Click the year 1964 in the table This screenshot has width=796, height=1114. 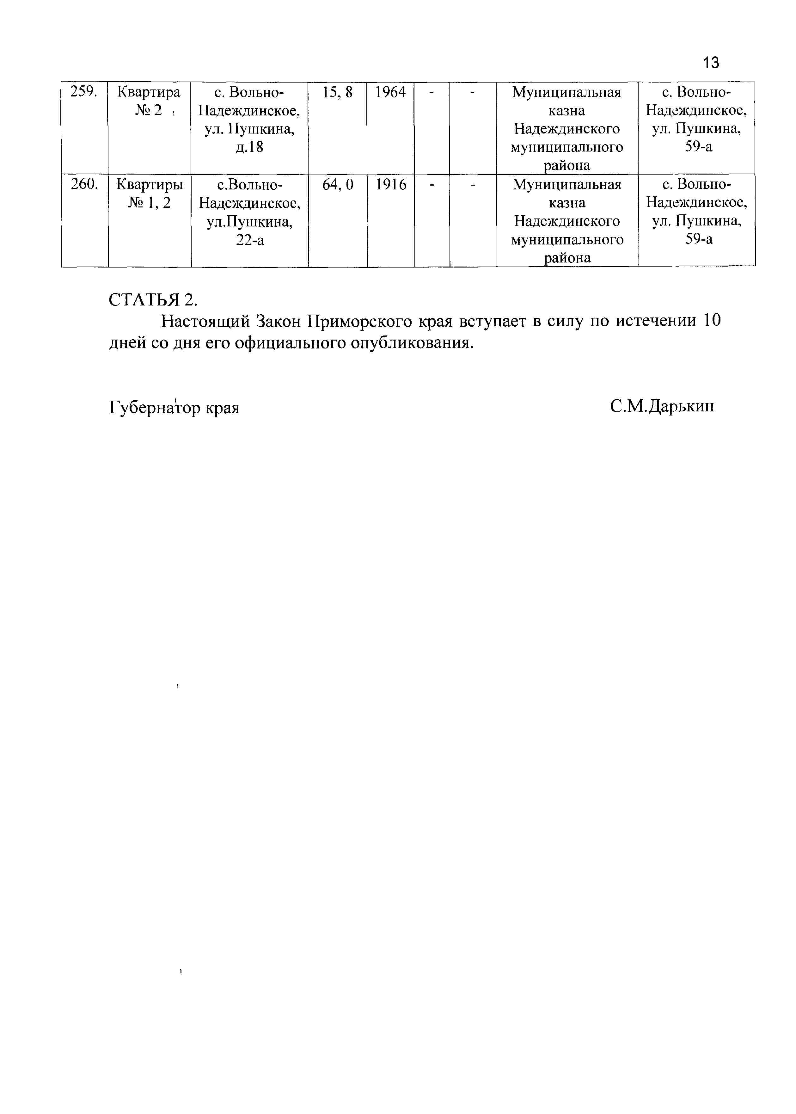coord(391,92)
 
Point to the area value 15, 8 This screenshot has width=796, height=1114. coord(337,92)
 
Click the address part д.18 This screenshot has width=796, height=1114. coord(249,147)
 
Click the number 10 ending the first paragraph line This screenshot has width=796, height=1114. coord(712,321)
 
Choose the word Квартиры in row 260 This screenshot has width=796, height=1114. coord(150,185)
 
